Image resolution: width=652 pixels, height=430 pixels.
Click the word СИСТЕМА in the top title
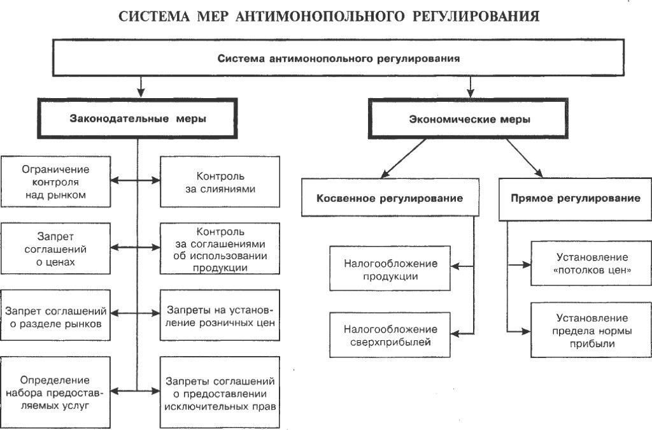pos(154,16)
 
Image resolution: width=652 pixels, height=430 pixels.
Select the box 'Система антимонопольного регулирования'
pos(339,58)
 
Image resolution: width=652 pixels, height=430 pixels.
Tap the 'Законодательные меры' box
pos(138,118)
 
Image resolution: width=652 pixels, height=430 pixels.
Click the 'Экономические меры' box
pos(468,119)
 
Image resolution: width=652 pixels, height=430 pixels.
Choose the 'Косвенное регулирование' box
pos(390,197)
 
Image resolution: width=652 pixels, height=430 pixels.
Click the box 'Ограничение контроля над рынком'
pos(55,182)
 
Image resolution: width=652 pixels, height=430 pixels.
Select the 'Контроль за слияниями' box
pos(220,182)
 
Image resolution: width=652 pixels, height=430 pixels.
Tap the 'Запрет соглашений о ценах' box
pos(55,248)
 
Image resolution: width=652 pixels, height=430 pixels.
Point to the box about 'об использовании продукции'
pos(220,248)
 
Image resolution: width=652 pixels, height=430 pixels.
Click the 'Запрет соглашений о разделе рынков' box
pos(55,315)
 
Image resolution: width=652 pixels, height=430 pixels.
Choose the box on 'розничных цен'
pos(220,315)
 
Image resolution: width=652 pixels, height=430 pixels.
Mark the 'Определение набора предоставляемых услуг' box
pos(55,392)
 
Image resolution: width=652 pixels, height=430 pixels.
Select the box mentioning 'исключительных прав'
pos(220,392)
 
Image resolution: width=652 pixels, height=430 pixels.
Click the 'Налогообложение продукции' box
pos(390,268)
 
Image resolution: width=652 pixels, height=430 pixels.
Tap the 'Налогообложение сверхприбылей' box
pos(390,335)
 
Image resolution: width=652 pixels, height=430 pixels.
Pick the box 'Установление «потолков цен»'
pos(592,264)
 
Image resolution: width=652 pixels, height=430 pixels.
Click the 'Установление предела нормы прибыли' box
pos(592,330)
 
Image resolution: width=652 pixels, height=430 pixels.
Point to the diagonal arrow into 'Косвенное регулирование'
pos(403,159)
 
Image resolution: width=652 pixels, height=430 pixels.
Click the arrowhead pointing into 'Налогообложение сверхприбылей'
pos(455,334)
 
